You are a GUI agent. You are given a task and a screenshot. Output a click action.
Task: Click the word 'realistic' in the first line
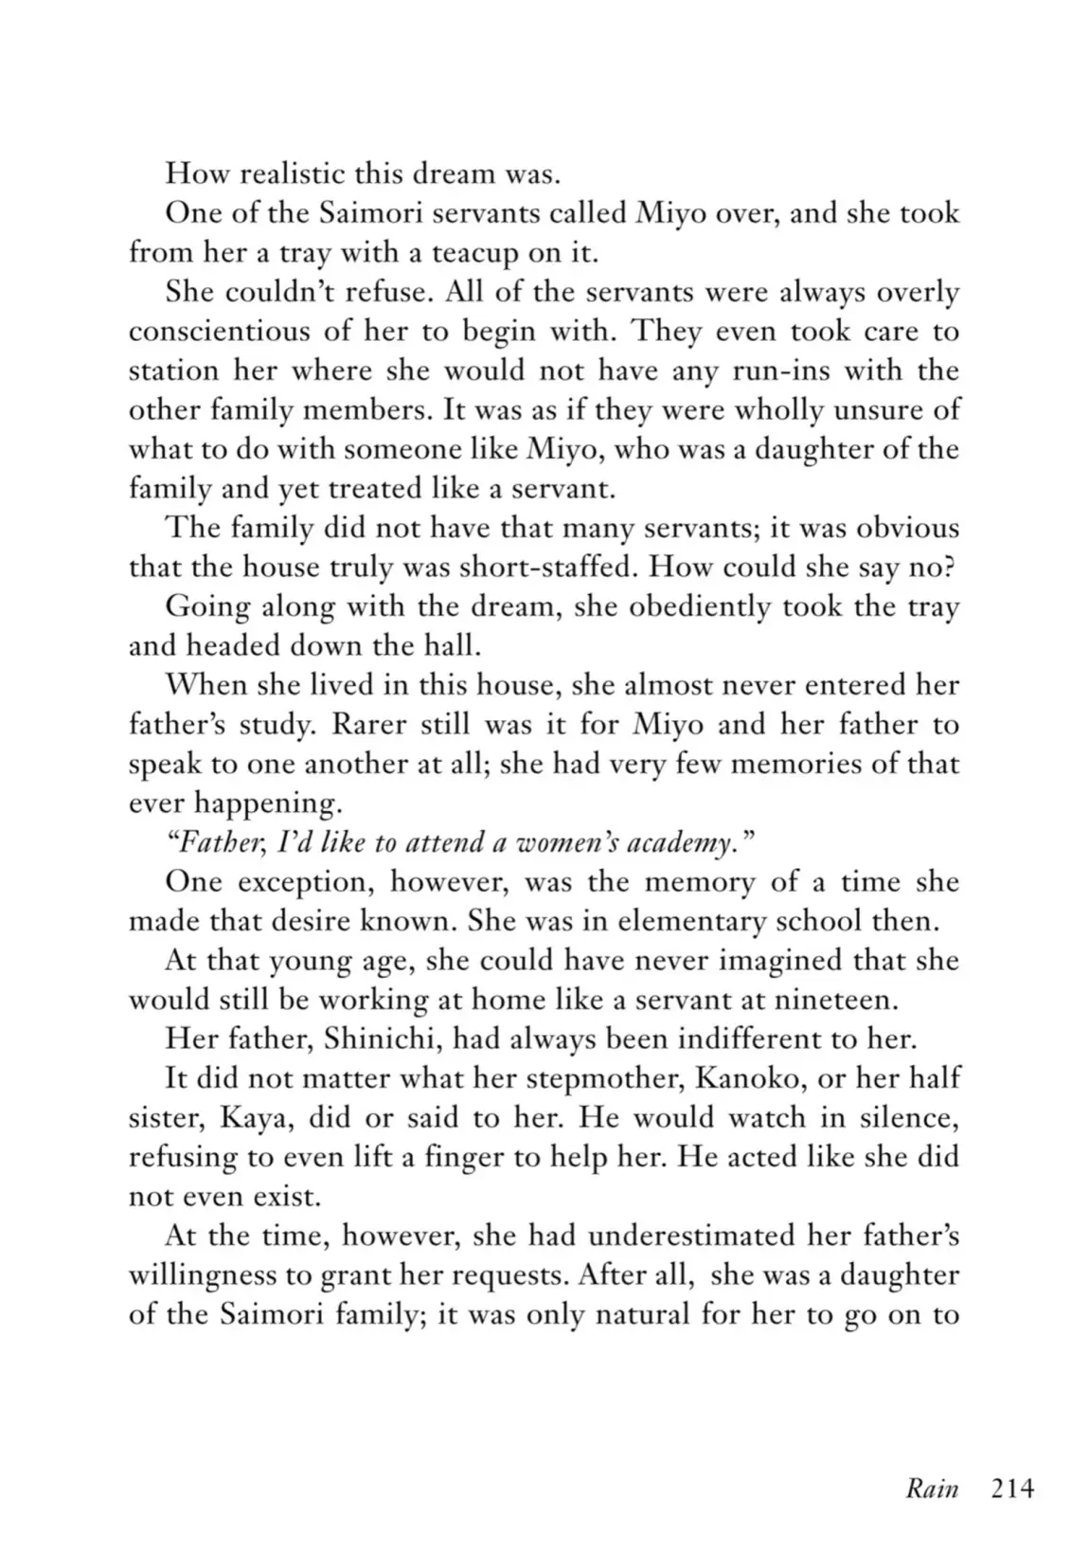286,173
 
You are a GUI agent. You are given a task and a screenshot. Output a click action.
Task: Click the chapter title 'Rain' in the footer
932,1489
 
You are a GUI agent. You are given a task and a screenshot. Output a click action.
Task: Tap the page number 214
1012,1489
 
